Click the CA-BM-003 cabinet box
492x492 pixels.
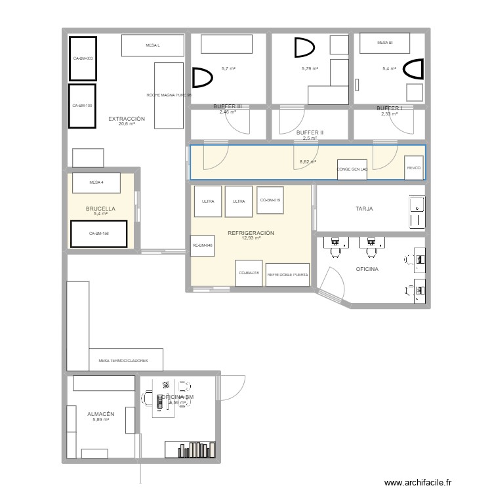click(x=83, y=58)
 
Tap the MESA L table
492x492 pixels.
click(x=153, y=45)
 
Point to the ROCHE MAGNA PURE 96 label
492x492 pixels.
click(x=169, y=94)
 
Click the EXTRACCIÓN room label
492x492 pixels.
click(x=127, y=119)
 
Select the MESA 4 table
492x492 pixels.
click(x=96, y=182)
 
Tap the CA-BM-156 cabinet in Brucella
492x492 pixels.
click(x=99, y=234)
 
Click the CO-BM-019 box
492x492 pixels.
click(x=270, y=199)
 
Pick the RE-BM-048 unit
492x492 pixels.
click(x=202, y=245)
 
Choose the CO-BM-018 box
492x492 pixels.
click(x=249, y=273)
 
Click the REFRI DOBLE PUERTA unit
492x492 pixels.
click(x=288, y=275)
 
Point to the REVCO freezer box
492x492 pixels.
click(x=414, y=167)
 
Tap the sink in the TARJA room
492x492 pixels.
click(x=416, y=212)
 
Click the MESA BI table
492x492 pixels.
click(x=384, y=43)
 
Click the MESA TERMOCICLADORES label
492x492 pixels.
click(x=123, y=361)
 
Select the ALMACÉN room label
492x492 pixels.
click(x=101, y=414)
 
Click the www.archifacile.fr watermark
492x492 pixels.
click(x=419, y=482)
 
